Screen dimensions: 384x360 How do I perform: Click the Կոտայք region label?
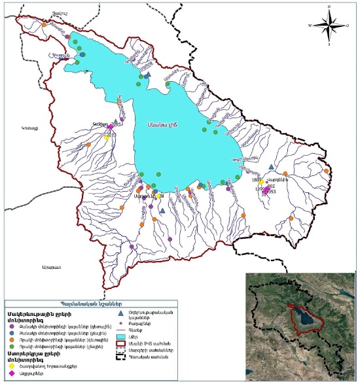(x=30, y=129)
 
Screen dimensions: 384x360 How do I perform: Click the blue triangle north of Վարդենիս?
(x=271, y=168)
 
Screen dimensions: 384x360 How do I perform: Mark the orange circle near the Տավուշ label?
(x=44, y=24)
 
